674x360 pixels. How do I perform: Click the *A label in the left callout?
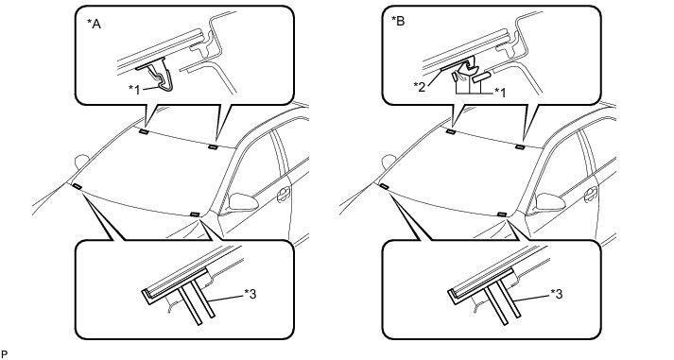[x=94, y=24]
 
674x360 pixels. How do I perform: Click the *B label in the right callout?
[x=399, y=21]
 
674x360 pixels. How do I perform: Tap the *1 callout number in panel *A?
[x=135, y=90]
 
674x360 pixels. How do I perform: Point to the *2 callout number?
[x=421, y=85]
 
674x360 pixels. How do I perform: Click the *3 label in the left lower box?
[x=251, y=294]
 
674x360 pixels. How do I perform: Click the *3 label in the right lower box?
[x=557, y=294]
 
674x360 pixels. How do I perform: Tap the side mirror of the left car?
[x=243, y=202]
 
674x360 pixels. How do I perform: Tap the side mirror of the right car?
[x=550, y=202]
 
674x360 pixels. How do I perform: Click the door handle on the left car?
[x=284, y=195]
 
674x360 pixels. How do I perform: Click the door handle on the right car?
[x=591, y=195]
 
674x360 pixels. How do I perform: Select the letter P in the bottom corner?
[x=5, y=354]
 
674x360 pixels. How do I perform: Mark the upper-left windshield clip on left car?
[x=144, y=132]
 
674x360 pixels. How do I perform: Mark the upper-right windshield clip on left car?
[x=213, y=147]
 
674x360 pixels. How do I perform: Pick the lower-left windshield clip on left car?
[x=78, y=186]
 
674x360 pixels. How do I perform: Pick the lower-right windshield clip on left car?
[x=195, y=214]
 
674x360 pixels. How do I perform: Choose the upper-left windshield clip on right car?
[x=451, y=132]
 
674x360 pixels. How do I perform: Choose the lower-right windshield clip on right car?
[x=501, y=214]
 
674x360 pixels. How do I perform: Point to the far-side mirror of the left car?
[x=81, y=162]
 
